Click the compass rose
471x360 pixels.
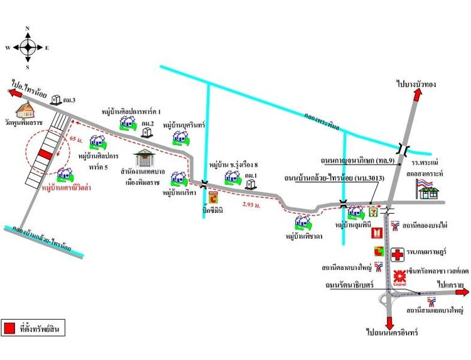coord(28,47)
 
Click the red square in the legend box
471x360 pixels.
coord(10,328)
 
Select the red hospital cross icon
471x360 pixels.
coord(398,254)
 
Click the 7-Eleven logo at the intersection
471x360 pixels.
coord(374,212)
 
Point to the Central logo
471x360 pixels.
coord(399,277)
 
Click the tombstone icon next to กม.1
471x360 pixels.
coord(252,184)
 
